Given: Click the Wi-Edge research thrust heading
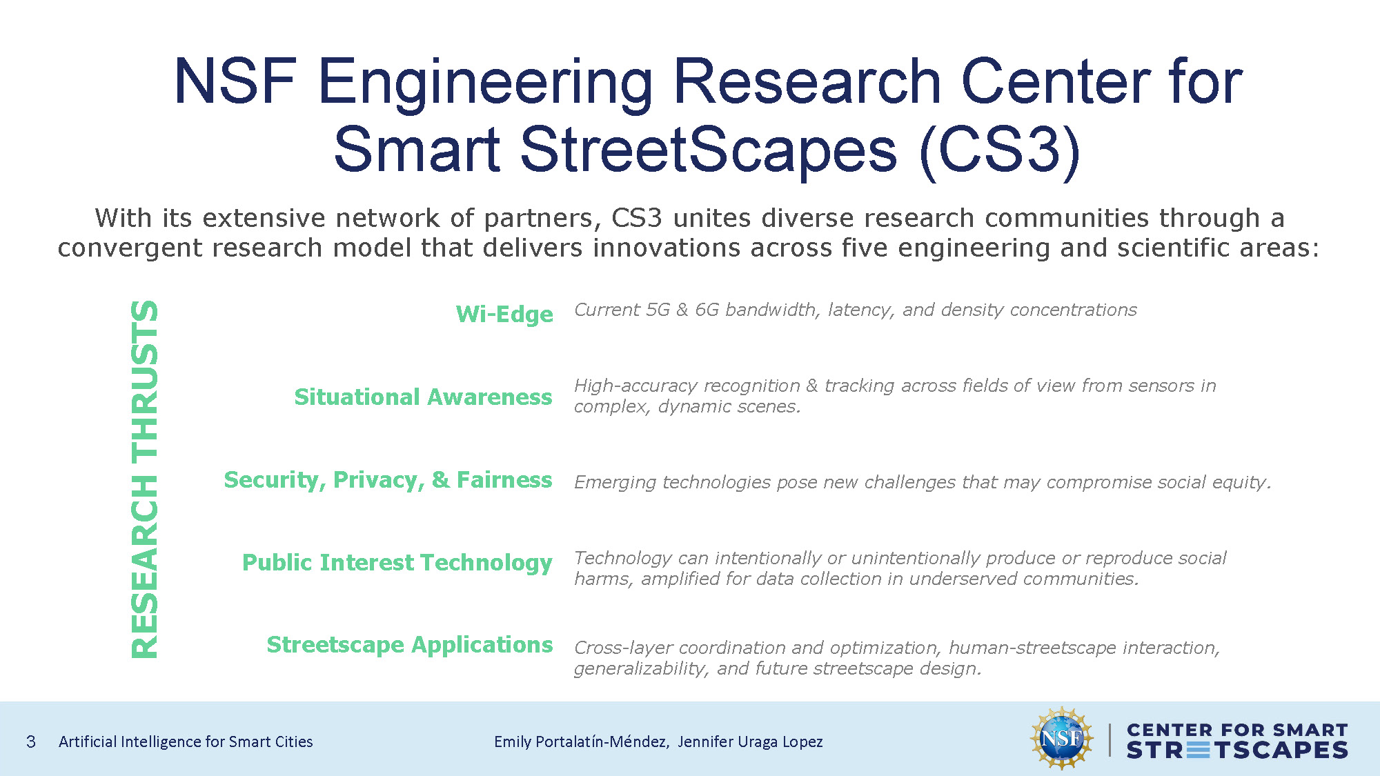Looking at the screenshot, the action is click(x=504, y=315).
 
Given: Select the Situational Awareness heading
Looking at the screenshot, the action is click(x=423, y=397).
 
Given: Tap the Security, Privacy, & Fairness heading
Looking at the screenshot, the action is click(x=388, y=480).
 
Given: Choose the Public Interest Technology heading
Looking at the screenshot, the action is click(x=397, y=563).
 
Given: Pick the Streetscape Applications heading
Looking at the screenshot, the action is click(x=410, y=645).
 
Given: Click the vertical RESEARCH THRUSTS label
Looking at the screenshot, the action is click(x=145, y=479).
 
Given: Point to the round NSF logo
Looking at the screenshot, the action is click(x=1062, y=739).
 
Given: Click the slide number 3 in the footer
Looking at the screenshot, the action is click(x=31, y=742).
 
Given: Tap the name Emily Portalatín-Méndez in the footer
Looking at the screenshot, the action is click(x=580, y=742).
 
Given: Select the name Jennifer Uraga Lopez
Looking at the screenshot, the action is click(x=750, y=742).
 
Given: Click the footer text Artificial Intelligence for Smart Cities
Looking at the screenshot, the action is click(x=186, y=742).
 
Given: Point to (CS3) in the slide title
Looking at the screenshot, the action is click(x=1000, y=150).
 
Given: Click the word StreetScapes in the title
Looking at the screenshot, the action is click(x=709, y=150).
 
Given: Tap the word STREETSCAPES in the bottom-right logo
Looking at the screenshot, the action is click(x=1237, y=750).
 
